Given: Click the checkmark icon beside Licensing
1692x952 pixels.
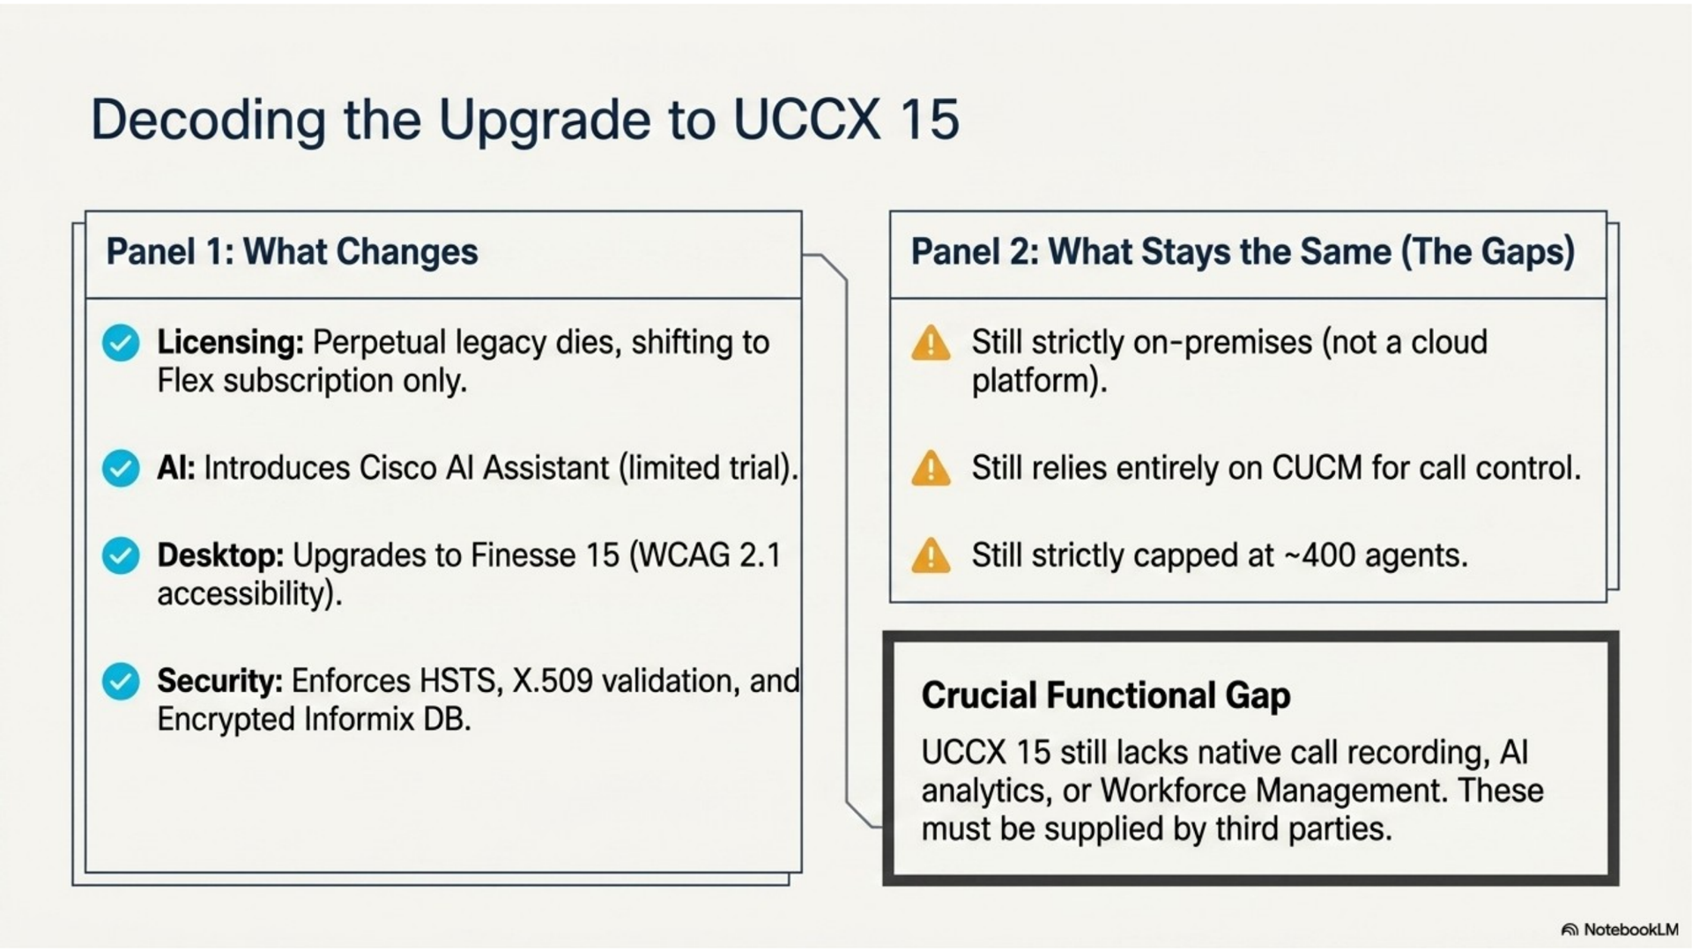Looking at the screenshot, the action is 121,343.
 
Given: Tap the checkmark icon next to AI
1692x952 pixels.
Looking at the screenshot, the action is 121,468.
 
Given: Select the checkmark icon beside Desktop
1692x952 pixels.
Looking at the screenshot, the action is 121,556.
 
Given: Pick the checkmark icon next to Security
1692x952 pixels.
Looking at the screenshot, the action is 121,681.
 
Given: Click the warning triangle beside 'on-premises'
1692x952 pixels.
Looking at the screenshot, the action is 931,343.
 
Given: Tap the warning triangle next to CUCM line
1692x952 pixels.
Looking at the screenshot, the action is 931,468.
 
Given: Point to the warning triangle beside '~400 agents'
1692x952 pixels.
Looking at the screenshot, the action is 931,556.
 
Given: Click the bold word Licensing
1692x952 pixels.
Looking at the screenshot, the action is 230,342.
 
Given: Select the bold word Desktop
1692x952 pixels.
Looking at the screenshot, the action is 220,555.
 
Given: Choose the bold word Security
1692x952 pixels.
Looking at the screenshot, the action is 219,681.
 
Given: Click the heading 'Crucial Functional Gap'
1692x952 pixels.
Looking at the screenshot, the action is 1106,695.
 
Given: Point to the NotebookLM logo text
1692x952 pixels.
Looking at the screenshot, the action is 1630,930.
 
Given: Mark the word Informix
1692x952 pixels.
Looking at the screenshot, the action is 359,719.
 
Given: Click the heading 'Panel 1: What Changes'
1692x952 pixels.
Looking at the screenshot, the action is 292,252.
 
